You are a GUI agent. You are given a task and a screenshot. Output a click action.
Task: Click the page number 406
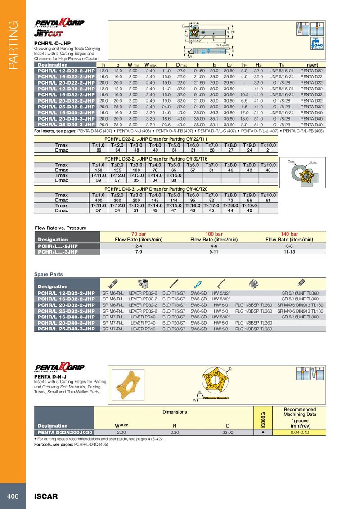pyautogui.click(x=12, y=496)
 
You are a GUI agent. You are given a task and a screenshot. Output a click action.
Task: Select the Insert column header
pyautogui.click(x=311, y=65)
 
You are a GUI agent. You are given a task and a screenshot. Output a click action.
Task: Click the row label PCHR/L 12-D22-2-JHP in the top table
pyautogui.click(x=66, y=71)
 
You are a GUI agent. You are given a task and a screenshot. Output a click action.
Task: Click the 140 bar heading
pyautogui.click(x=289, y=234)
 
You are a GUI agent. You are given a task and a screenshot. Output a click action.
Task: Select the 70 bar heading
pyautogui.click(x=139, y=234)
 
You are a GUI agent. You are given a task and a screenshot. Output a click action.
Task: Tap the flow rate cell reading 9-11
pyautogui.click(x=214, y=252)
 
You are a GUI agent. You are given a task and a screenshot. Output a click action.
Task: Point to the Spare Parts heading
pyautogui.click(x=49, y=274)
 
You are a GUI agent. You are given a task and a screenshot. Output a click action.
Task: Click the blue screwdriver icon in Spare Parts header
pyautogui.click(x=197, y=284)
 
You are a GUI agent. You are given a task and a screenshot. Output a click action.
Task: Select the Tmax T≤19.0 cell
pyautogui.click(x=250, y=205)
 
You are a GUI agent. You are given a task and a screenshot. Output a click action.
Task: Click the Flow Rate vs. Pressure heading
pyautogui.click(x=60, y=228)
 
